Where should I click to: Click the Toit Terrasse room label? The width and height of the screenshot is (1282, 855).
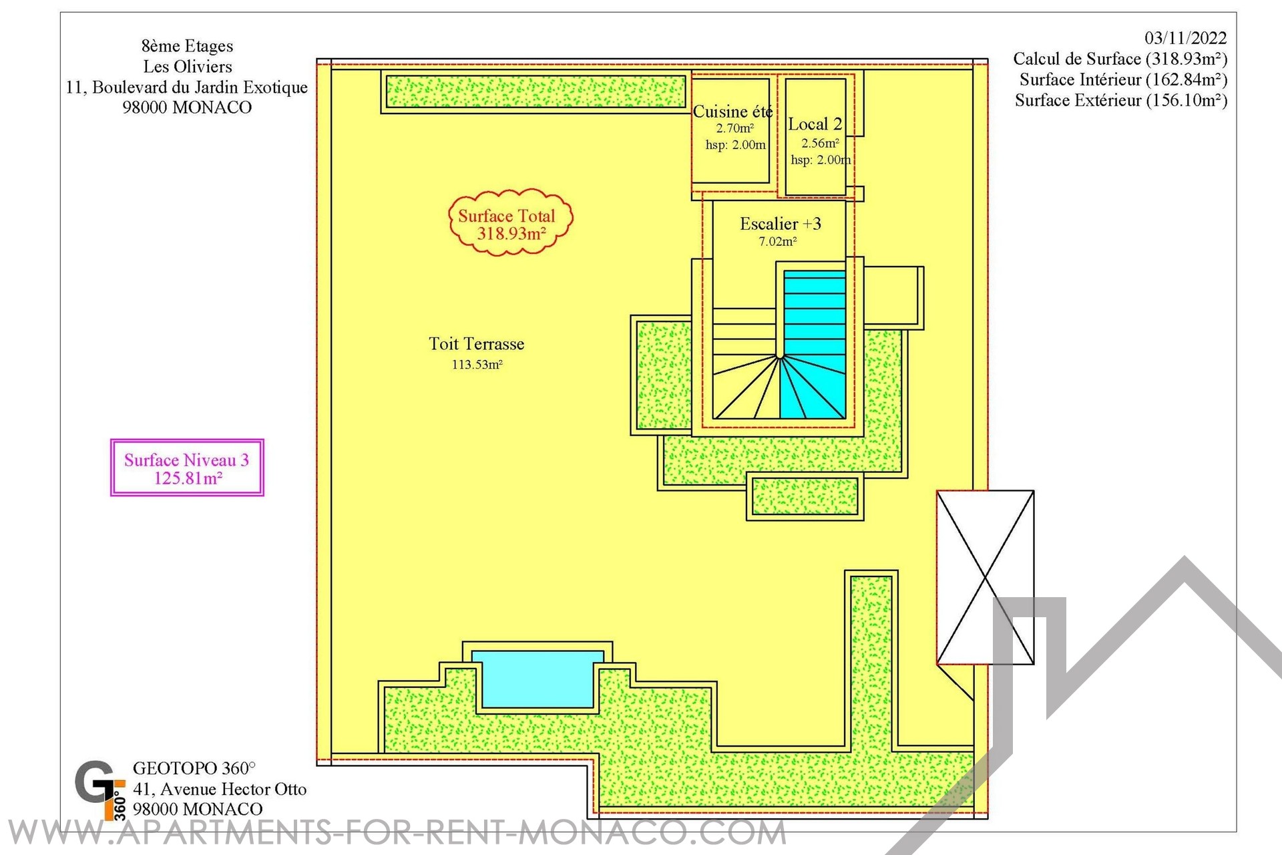point(476,344)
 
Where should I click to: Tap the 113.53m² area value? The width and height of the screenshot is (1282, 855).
point(477,365)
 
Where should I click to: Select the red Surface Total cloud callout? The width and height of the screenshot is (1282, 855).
point(511,222)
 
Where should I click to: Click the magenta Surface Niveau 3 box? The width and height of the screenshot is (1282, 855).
point(187,468)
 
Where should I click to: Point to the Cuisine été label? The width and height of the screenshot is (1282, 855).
point(732,112)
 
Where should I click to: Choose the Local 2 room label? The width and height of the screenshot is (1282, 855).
point(815,124)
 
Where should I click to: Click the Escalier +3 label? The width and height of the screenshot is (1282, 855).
point(780,224)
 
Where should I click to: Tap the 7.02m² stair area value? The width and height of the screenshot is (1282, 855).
point(778,242)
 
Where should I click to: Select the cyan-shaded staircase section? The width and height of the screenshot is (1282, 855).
point(815,344)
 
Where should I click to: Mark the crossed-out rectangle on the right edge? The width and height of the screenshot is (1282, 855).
point(985,578)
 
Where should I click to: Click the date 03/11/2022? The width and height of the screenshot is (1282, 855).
point(1186,38)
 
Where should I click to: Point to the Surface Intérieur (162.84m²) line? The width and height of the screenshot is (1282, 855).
point(1123,79)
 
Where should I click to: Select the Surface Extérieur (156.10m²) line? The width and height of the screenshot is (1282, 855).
point(1121,100)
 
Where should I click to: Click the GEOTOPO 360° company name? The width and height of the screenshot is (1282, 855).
point(194,769)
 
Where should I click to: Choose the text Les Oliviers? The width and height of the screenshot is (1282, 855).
point(188,67)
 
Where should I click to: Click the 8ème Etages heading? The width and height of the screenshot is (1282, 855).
point(188,46)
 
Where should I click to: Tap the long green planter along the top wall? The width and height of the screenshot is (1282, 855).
point(536,92)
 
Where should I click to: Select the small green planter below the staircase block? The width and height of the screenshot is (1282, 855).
point(805,496)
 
